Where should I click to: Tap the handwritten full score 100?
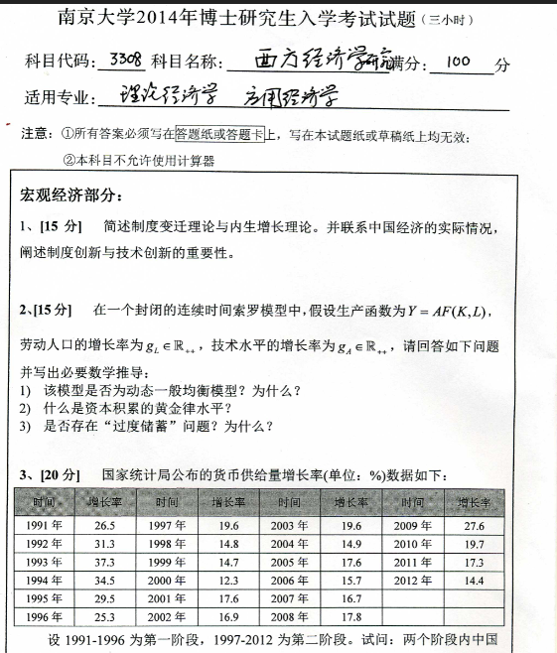coord(458,62)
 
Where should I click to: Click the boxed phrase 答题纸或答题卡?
coord(219,134)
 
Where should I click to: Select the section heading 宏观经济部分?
coord(69,193)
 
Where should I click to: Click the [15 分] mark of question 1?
coord(63,227)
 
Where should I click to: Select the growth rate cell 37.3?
coord(104,562)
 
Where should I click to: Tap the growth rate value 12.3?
coord(228,581)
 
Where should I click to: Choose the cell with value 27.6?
coord(474,526)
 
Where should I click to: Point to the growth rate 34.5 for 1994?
coord(104,581)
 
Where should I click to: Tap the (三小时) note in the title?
coord(450,19)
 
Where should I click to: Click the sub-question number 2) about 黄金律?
coord(27,408)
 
